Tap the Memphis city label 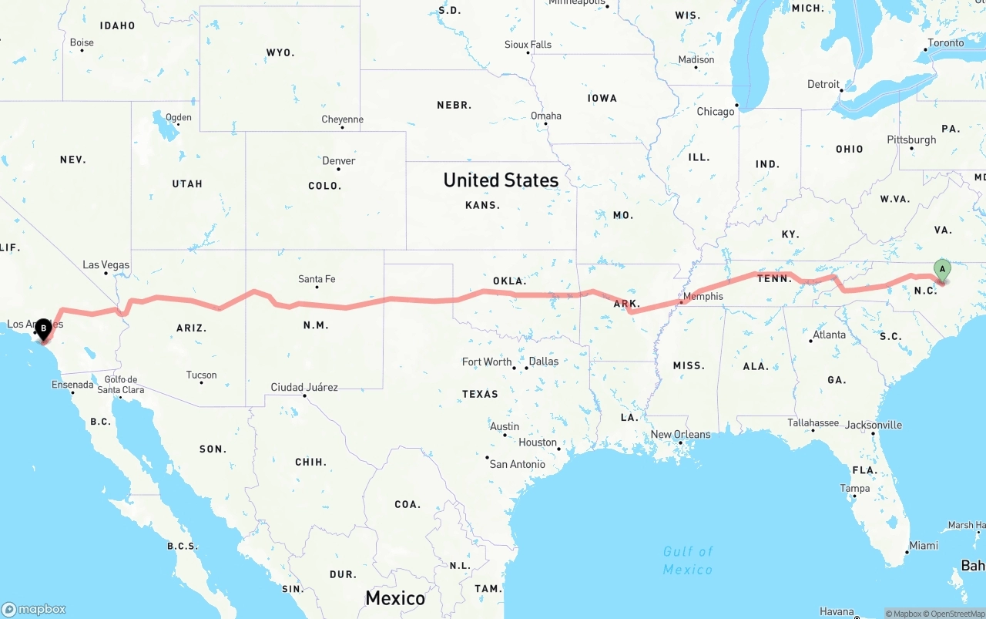point(703,296)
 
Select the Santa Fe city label point(317,279)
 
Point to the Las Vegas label point(106,264)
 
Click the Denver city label point(339,161)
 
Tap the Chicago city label point(716,112)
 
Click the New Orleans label point(681,434)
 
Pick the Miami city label point(923,545)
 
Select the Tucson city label point(202,375)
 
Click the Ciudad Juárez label point(304,387)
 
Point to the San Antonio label point(517,464)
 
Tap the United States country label point(501,180)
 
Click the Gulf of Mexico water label point(688,560)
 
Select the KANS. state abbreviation point(483,205)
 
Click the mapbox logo point(34,609)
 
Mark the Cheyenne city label point(342,119)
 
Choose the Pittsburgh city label point(911,140)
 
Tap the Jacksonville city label point(874,425)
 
